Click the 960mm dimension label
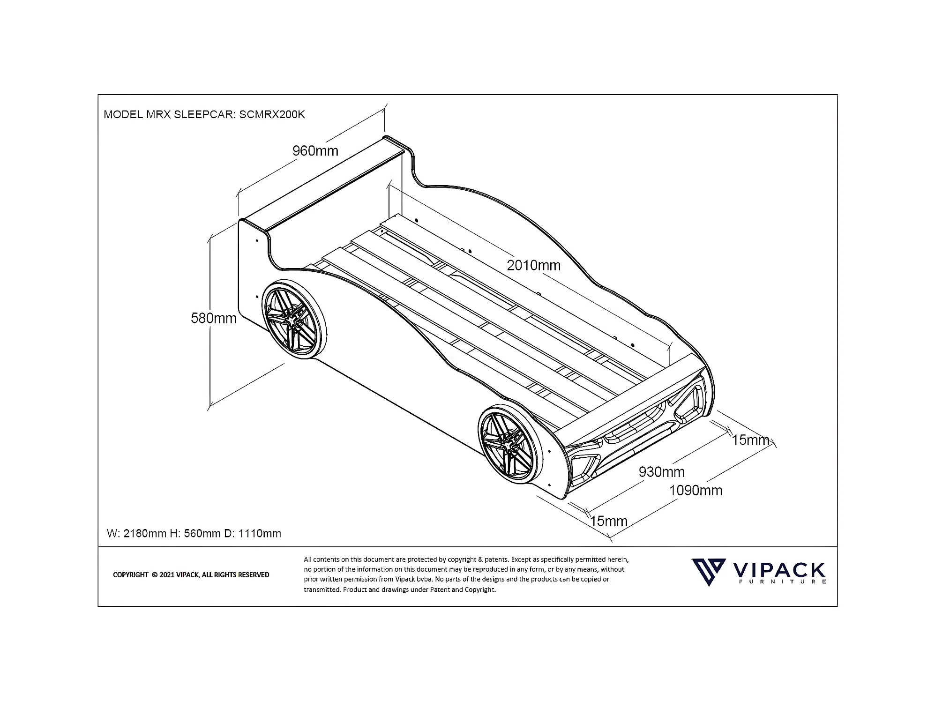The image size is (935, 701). pos(315,151)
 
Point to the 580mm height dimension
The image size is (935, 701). pos(213,318)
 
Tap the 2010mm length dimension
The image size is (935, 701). pos(533,265)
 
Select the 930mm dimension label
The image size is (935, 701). pos(661,472)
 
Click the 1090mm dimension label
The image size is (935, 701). pos(696,491)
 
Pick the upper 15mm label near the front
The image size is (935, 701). pos(750,440)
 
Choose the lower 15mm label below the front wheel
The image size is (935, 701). pos(608,521)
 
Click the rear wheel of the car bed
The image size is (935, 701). pos(294,320)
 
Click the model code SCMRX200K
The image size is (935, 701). pos(272,114)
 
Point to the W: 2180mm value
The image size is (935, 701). pos(136,533)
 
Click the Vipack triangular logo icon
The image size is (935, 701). pos(709,572)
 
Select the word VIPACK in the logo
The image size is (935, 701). pos(778,569)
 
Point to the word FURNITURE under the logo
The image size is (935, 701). pos(781,582)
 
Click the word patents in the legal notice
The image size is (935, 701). pos(496,559)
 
